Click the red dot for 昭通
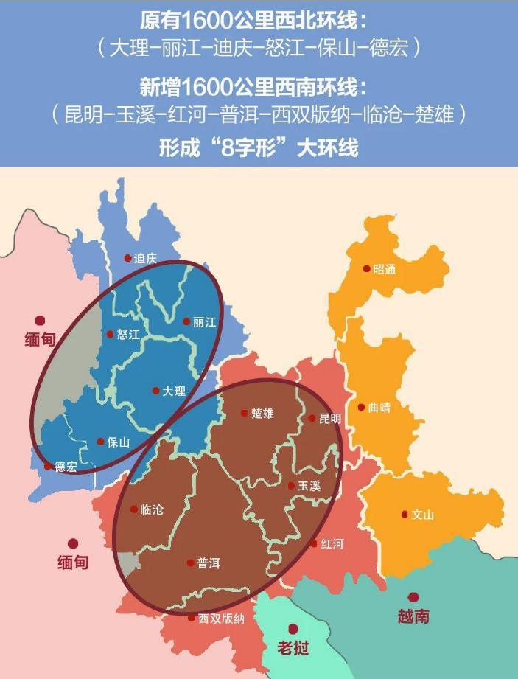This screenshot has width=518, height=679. pos(367,269)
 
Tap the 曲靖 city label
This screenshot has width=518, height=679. pos(379,408)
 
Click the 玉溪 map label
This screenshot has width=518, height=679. pos(309,487)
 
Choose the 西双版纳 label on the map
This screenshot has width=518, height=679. pos(221,619)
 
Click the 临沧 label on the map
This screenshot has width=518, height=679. pos(151,509)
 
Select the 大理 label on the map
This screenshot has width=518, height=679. pos(173,391)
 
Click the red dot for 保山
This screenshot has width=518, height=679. pos(100,442)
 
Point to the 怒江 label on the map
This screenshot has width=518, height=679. pos(127,334)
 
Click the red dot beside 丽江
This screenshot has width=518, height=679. pos(186,321)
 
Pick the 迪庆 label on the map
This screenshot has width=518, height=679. pos(145,258)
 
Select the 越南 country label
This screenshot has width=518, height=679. pos(412,616)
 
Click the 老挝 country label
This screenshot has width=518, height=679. pos(293,649)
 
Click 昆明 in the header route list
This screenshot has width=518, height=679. pos(82,114)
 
